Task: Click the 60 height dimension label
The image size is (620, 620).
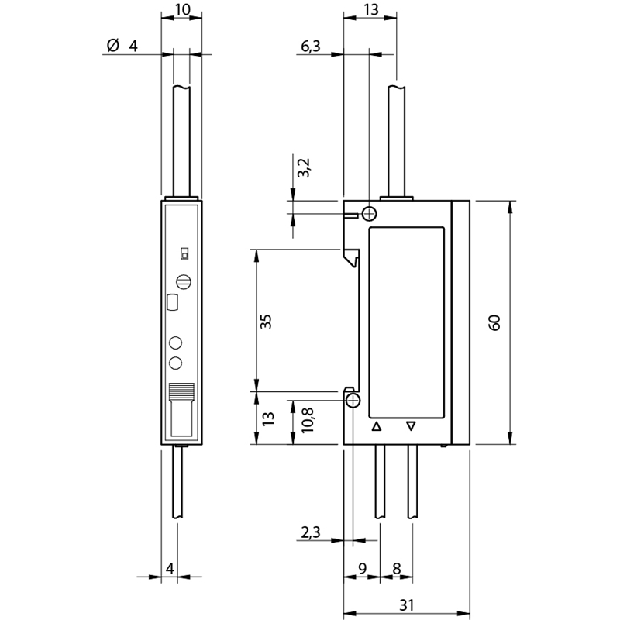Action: (x=494, y=322)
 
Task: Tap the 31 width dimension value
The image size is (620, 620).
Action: (x=406, y=604)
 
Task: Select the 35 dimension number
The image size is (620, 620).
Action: (x=266, y=321)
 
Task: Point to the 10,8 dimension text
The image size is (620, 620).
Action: (x=307, y=420)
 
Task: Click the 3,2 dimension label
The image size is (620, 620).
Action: (x=304, y=167)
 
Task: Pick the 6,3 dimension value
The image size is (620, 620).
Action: (x=311, y=46)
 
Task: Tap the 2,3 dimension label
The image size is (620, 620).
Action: (x=311, y=532)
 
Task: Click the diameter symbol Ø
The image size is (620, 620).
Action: (x=113, y=45)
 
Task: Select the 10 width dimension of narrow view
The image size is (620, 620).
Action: (x=183, y=9)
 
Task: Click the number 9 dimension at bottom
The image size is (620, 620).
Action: (x=362, y=569)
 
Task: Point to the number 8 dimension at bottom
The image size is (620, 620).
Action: (x=397, y=569)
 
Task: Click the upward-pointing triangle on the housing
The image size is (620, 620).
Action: (x=377, y=427)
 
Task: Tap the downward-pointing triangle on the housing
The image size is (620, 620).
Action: (x=412, y=426)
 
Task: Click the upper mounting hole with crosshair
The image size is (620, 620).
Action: (x=370, y=214)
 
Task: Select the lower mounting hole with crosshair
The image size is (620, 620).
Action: (x=353, y=401)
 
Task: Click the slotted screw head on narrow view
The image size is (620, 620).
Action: (x=184, y=282)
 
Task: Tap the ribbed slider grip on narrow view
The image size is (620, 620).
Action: (x=181, y=392)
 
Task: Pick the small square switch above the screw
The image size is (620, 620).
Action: (x=184, y=253)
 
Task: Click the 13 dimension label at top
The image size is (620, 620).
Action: (x=371, y=9)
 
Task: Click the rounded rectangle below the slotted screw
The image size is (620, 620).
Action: (x=173, y=302)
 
